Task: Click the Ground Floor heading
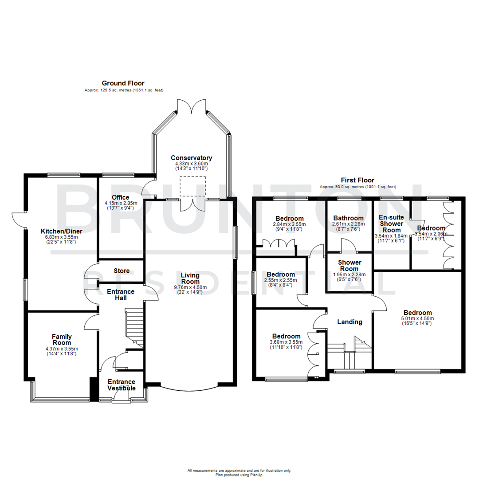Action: [123, 83]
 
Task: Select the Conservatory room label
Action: [191, 158]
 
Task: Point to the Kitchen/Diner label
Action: [59, 231]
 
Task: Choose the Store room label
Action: [122, 271]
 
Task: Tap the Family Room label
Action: [62, 340]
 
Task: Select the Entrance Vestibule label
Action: [122, 385]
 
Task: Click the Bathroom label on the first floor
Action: [348, 218]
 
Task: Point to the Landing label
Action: [350, 322]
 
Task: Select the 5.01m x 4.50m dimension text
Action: [417, 318]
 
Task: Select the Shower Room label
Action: [349, 266]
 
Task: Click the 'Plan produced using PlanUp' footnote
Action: [239, 474]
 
